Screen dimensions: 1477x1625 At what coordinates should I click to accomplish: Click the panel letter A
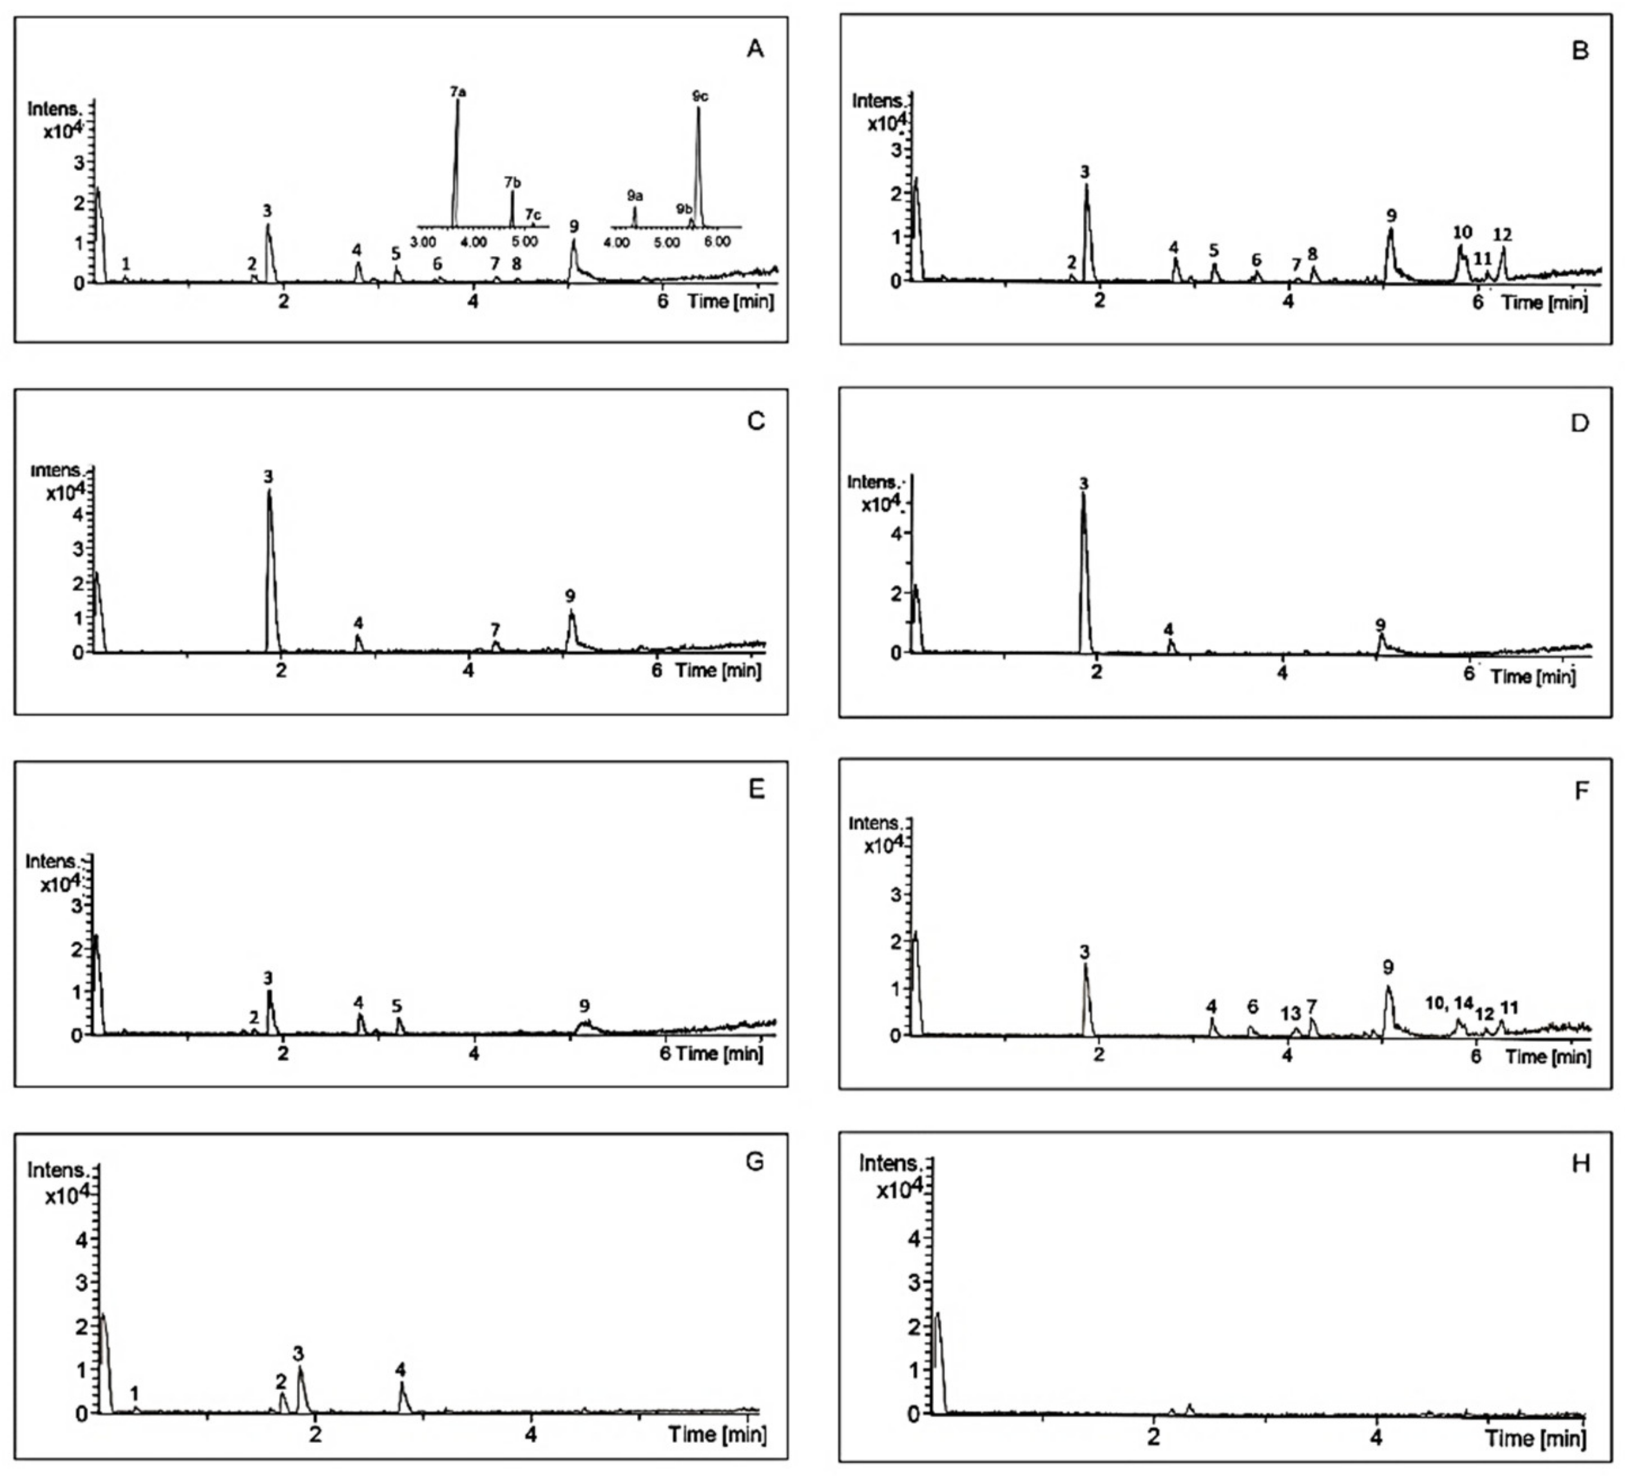755,49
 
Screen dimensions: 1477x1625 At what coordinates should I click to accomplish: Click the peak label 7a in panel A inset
458,92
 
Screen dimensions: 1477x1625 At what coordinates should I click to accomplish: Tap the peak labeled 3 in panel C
269,477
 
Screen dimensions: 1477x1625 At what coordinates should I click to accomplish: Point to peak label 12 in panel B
1502,234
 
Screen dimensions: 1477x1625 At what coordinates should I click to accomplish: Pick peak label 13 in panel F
1291,1013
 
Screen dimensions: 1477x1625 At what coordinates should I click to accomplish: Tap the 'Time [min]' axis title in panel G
717,1434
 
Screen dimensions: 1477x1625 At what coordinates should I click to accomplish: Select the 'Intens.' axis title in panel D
872,482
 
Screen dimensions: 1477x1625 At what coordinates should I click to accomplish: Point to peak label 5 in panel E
396,1006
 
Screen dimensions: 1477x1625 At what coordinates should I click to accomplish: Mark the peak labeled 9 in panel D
1380,625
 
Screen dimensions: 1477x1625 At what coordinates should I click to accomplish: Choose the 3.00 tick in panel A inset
422,242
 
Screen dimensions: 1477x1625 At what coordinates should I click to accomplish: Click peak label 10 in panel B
1462,232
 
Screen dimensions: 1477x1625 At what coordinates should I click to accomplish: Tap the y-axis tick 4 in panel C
79,514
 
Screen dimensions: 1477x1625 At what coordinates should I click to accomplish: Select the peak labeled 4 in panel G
400,1370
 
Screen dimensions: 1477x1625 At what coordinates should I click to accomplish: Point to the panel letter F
1581,791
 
